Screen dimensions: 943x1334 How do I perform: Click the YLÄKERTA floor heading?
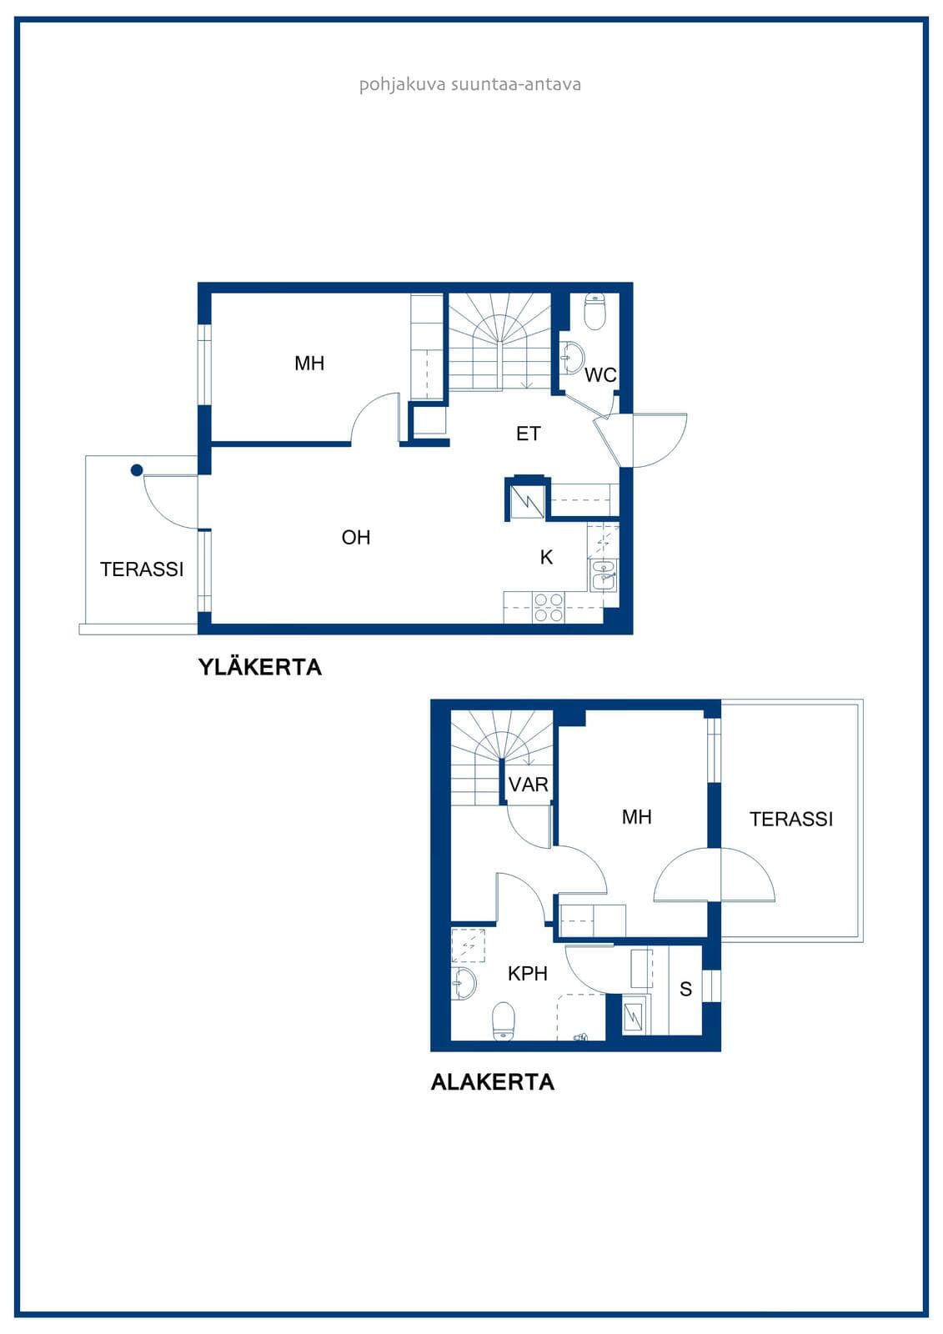point(260,666)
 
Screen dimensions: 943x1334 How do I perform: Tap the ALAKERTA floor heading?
point(492,1081)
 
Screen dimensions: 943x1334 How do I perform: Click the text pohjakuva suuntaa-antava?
point(470,84)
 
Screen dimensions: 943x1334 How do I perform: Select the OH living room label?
point(356,537)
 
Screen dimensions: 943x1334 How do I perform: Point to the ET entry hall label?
point(529,434)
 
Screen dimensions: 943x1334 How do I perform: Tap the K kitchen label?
point(546,557)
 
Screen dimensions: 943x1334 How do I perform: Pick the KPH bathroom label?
point(527,974)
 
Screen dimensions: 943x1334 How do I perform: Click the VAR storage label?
point(528,785)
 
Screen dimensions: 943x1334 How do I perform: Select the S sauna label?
point(685,989)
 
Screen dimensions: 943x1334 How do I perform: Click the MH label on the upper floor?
point(309,363)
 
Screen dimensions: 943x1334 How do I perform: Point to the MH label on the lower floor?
point(636,816)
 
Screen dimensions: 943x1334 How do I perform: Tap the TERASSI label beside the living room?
point(142,569)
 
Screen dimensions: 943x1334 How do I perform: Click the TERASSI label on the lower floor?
point(791,819)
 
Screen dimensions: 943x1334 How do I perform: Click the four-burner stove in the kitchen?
point(548,608)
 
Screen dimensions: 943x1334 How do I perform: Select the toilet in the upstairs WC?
point(594,312)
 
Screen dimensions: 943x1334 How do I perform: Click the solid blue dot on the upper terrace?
point(137,470)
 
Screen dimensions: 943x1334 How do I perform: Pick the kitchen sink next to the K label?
point(604,575)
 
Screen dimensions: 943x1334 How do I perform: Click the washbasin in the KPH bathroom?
point(464,982)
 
